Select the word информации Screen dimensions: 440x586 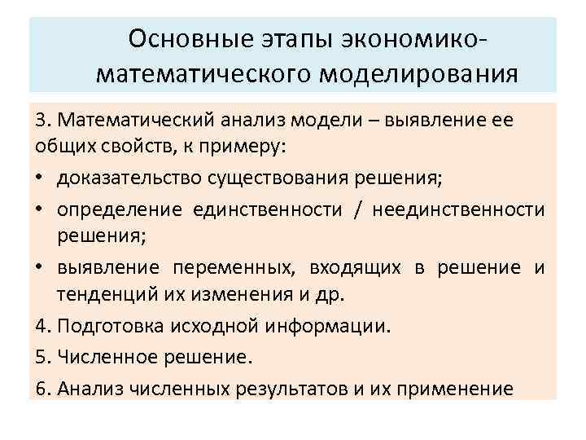341,327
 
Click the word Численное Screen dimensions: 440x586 107,356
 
